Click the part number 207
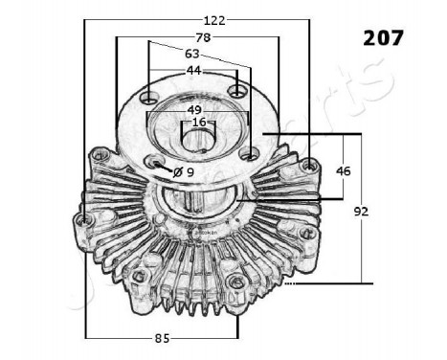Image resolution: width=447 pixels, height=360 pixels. click(x=383, y=37)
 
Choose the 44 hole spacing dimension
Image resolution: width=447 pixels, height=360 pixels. click(x=193, y=71)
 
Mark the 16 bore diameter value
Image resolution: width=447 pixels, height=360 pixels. click(x=198, y=123)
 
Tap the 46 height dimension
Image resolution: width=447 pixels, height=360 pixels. click(x=344, y=169)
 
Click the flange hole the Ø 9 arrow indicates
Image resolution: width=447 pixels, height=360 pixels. click(x=155, y=164)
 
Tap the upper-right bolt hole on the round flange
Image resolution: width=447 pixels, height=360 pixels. click(x=237, y=91)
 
